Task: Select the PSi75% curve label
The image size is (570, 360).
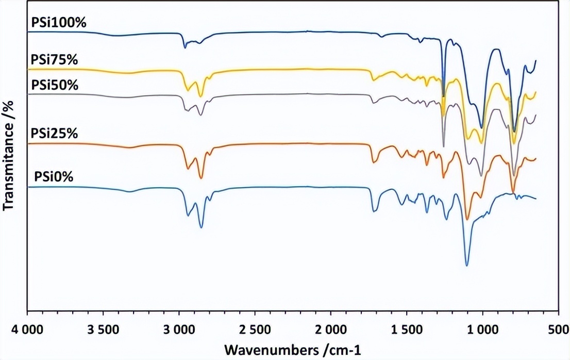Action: (x=54, y=60)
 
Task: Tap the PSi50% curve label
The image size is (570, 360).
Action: (x=55, y=85)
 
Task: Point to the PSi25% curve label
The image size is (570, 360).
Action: (x=54, y=134)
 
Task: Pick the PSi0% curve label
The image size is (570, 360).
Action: (x=54, y=177)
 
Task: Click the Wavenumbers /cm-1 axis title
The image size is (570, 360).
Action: (x=292, y=350)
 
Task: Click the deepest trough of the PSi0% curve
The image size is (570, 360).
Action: (x=467, y=265)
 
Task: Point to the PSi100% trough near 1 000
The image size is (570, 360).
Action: (x=481, y=127)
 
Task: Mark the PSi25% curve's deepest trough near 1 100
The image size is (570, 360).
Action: (x=467, y=219)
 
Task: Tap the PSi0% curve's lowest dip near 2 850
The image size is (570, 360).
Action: (x=201, y=227)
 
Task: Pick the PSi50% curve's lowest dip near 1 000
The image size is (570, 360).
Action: (x=481, y=175)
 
